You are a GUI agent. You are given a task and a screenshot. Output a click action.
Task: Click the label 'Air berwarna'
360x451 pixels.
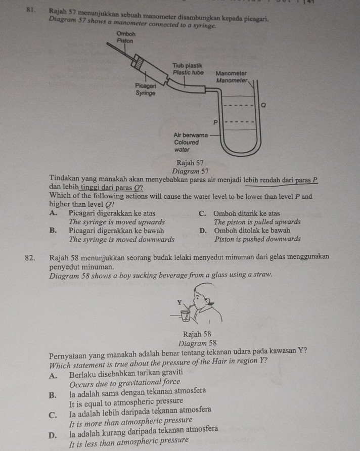pyautogui.click(x=190, y=136)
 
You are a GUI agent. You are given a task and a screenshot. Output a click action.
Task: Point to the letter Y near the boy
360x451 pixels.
pyautogui.click(x=178, y=302)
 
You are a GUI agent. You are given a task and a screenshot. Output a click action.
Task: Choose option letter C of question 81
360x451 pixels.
pyautogui.click(x=203, y=213)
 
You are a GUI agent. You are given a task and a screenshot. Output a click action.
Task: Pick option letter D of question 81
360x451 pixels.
pyautogui.click(x=203, y=231)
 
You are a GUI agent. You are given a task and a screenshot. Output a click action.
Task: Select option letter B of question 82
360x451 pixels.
pyautogui.click(x=53, y=391)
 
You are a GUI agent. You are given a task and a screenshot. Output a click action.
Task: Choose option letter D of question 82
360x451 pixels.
pyautogui.click(x=53, y=429)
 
